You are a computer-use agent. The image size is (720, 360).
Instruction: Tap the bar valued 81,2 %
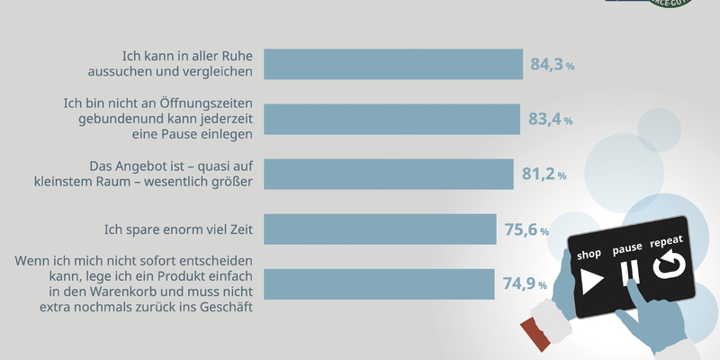point(391,174)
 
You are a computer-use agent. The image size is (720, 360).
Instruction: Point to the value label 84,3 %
point(553,65)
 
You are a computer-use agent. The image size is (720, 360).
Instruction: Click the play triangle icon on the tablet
point(590,281)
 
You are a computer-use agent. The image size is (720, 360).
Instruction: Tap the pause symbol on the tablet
point(631,271)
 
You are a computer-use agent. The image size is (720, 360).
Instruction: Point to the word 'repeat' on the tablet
point(667,242)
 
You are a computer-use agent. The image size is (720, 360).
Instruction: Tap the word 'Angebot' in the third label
point(141,166)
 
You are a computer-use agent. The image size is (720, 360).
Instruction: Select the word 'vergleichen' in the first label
point(215,72)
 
